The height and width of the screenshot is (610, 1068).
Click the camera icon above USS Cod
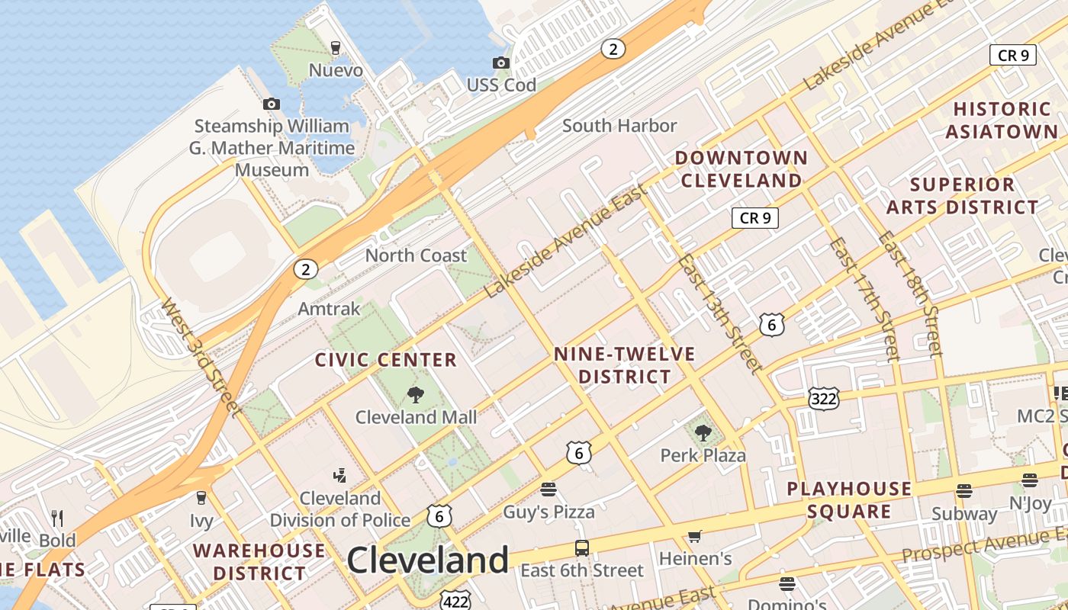(501, 63)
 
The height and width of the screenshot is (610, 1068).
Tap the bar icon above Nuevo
(335, 48)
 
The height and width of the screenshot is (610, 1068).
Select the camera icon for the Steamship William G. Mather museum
(272, 104)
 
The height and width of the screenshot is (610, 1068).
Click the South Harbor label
(619, 126)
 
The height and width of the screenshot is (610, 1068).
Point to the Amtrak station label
(329, 309)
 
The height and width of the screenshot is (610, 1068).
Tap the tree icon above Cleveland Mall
(416, 394)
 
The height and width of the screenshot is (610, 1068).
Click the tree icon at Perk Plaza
(703, 433)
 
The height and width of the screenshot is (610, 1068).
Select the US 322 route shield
(824, 398)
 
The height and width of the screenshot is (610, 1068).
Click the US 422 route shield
(455, 602)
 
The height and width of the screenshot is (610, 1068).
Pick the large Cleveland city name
(428, 560)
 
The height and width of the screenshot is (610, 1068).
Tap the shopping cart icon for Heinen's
(694, 537)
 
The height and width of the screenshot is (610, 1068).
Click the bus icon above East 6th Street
(581, 547)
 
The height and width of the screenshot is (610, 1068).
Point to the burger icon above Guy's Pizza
(548, 489)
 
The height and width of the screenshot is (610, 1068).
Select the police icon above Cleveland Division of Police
(339, 476)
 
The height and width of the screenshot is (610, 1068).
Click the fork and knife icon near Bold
(57, 518)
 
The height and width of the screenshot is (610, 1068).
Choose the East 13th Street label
(720, 313)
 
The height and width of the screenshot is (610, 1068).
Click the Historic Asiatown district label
(1002, 120)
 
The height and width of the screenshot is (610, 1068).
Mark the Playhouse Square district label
(849, 499)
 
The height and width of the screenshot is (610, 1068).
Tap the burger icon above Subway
(964, 491)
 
